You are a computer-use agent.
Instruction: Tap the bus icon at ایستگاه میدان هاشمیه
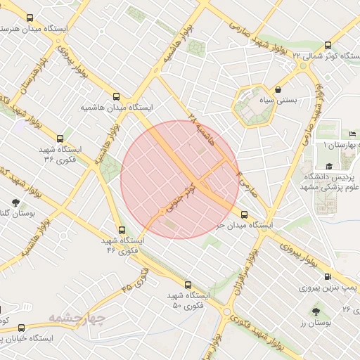pos(116,96)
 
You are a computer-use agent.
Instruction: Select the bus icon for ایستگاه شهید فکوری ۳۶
pos(60,139)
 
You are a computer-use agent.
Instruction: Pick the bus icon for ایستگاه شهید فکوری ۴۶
pos(122,229)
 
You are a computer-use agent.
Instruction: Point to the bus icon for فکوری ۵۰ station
pos(188,285)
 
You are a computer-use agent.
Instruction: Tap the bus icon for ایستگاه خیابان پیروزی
pos(21,328)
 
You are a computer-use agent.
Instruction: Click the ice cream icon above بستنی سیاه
pos(280,89)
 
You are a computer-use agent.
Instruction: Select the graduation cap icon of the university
pos(330,166)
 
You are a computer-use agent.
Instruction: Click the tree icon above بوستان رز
pos(314,310)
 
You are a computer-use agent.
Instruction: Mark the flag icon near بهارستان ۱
pos(352,134)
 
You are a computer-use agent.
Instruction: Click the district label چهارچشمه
pos(77,319)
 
